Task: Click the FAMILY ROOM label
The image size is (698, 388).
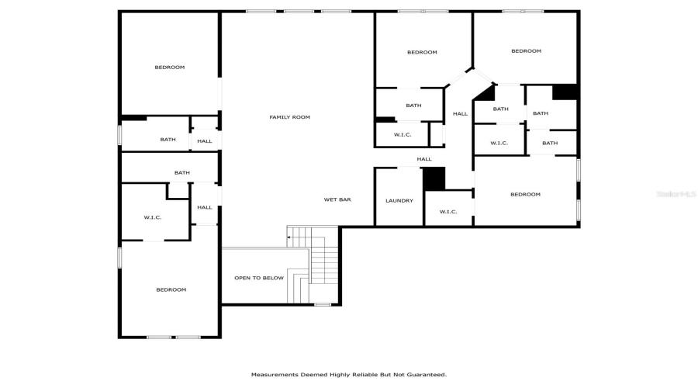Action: tap(289, 117)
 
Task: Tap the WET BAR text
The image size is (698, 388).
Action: tap(337, 199)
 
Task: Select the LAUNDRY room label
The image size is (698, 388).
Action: tap(399, 201)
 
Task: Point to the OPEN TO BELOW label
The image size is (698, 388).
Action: tap(259, 278)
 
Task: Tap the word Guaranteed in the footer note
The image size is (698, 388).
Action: tap(423, 374)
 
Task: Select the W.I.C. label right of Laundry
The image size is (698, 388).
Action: tap(448, 212)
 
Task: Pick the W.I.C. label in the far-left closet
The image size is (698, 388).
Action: tap(152, 217)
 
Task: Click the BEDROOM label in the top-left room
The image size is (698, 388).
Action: tap(169, 68)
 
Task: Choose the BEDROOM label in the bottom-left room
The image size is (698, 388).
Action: tap(171, 289)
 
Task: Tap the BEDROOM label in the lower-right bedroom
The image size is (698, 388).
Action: tap(525, 194)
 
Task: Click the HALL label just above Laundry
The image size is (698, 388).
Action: tap(424, 159)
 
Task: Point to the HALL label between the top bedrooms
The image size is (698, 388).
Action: tap(460, 114)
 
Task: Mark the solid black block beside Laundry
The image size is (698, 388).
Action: tap(434, 178)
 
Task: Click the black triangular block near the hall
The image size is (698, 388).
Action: tap(486, 92)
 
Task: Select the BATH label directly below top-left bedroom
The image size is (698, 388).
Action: tap(168, 140)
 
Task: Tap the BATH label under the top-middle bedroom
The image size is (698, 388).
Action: tap(413, 106)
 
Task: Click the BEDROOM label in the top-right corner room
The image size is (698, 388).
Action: tap(526, 51)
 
